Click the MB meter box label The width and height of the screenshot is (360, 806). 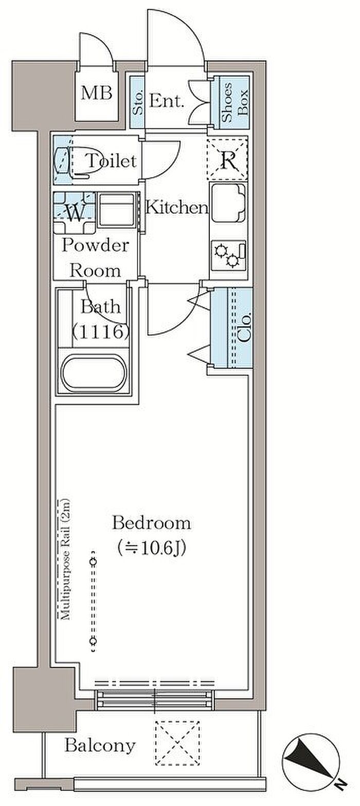(96, 94)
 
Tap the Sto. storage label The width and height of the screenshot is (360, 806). (137, 103)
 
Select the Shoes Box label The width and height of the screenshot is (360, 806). (235, 102)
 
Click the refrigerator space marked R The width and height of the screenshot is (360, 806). (228, 158)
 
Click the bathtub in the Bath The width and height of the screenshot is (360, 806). (94, 373)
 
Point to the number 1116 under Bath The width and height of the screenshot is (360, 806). (100, 331)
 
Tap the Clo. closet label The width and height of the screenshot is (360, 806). (245, 328)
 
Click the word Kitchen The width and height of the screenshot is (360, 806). (177, 208)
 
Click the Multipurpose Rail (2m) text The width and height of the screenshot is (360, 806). (65, 558)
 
